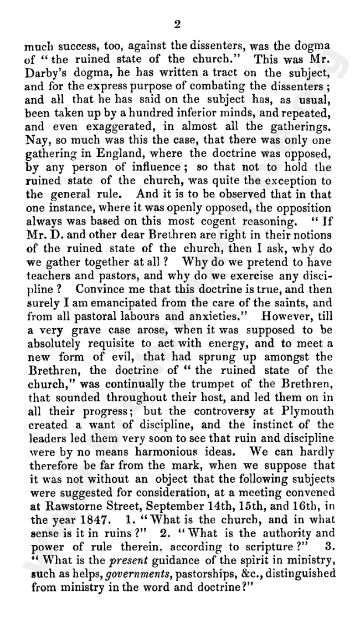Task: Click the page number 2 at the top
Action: point(177,24)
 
